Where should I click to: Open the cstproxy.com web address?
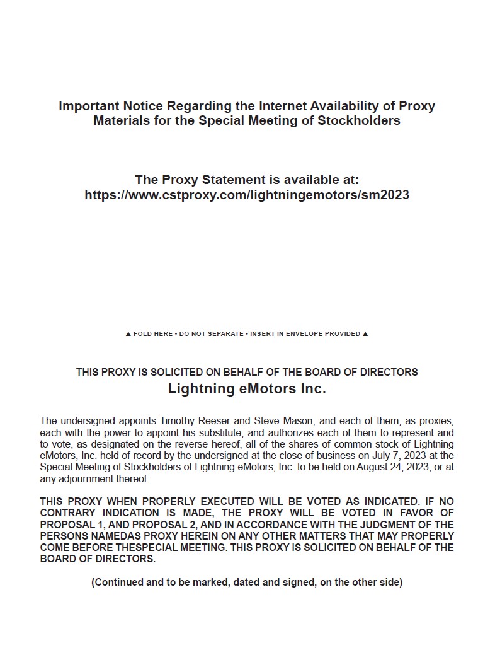click(247, 195)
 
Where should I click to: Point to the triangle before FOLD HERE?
click(128, 334)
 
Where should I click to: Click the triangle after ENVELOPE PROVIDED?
click(366, 334)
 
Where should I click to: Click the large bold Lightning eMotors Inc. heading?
click(247, 389)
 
